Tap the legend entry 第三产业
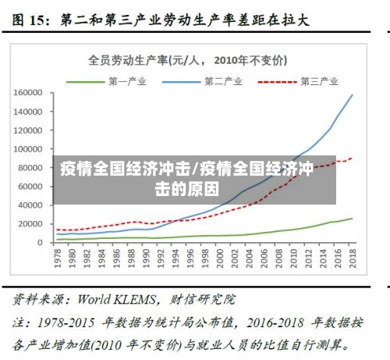[x=318, y=80]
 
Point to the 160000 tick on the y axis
[x=27, y=92]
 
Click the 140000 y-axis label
[x=27, y=111]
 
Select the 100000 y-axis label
[x=27, y=148]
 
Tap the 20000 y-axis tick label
[x=30, y=224]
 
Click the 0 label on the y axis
[x=39, y=243]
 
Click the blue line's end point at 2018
[x=352, y=95]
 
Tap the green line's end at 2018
[x=352, y=219]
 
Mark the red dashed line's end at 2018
[x=352, y=158]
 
